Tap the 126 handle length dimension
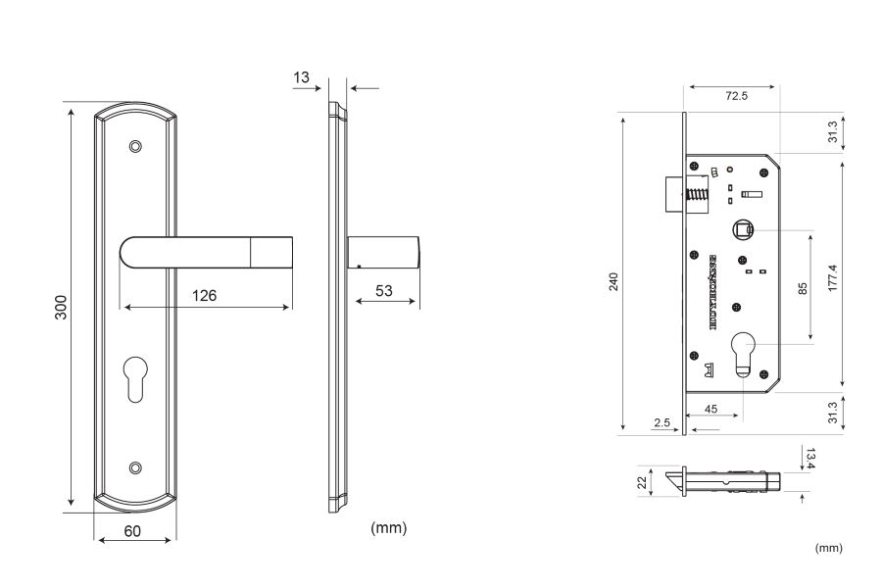click(203, 295)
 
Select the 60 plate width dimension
click(134, 530)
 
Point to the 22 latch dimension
click(642, 481)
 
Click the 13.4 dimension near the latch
click(808, 458)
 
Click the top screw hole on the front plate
click(135, 147)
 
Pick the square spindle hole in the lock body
click(745, 231)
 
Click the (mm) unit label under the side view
click(388, 528)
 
